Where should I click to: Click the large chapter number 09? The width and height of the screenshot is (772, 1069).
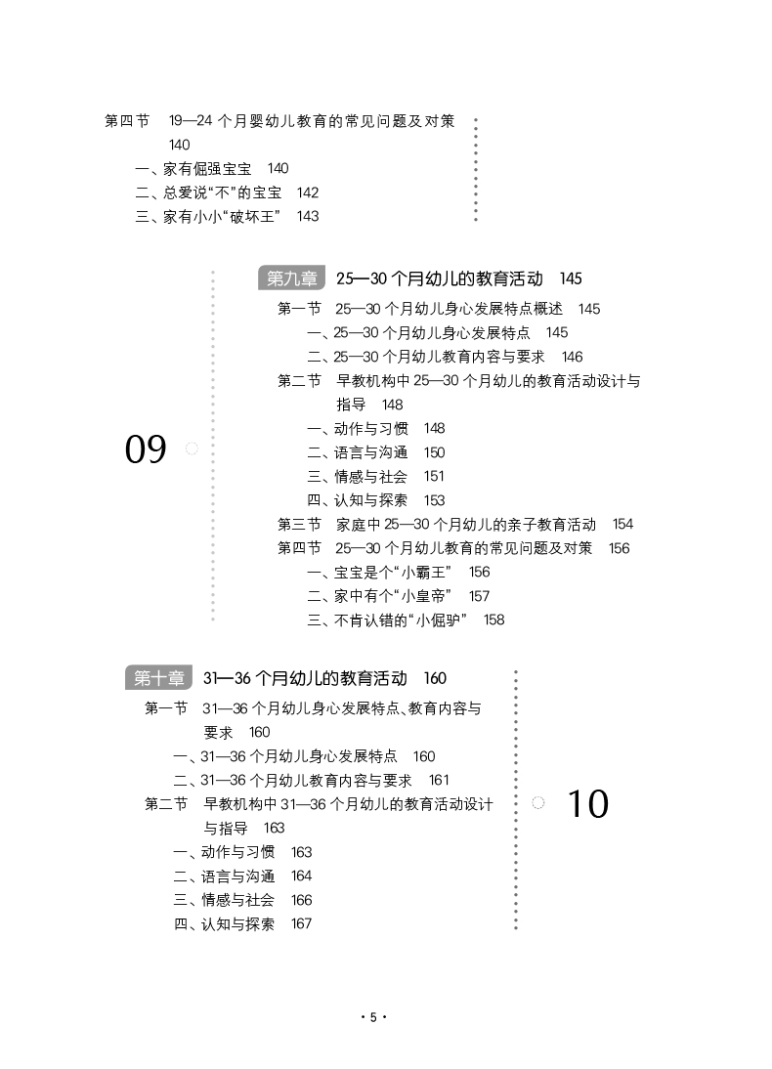pyautogui.click(x=146, y=449)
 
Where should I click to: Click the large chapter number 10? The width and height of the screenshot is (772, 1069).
pyautogui.click(x=587, y=803)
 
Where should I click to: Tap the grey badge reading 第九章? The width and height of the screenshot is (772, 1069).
pyautogui.click(x=291, y=278)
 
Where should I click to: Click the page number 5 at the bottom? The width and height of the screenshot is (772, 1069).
pyautogui.click(x=372, y=1017)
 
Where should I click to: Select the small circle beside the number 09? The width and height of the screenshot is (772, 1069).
pyautogui.click(x=192, y=449)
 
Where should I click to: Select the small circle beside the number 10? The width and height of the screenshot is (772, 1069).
pyautogui.click(x=537, y=802)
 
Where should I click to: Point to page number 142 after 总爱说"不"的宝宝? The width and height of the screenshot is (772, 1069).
pyautogui.click(x=307, y=192)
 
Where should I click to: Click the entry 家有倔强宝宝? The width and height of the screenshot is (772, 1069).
pyautogui.click(x=207, y=168)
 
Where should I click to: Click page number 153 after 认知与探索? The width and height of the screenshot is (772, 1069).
pyautogui.click(x=434, y=500)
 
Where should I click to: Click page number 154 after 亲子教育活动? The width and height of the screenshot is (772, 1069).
pyautogui.click(x=622, y=524)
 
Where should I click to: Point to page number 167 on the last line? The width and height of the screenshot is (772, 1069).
pyautogui.click(x=301, y=923)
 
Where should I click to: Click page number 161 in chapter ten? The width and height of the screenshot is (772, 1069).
pyautogui.click(x=439, y=780)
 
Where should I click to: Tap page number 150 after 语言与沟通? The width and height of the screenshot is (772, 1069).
pyautogui.click(x=434, y=452)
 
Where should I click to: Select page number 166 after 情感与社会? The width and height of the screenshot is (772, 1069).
pyautogui.click(x=301, y=900)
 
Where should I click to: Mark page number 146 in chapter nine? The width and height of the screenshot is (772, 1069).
pyautogui.click(x=572, y=357)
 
